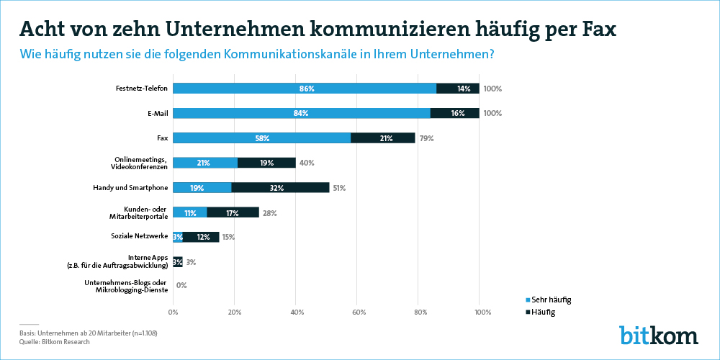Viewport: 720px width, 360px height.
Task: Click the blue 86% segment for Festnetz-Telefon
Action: click(x=305, y=89)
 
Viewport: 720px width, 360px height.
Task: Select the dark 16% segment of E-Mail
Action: click(x=454, y=114)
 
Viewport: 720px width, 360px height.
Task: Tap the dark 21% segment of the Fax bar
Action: click(x=382, y=138)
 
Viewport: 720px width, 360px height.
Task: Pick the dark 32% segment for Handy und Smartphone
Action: click(x=280, y=188)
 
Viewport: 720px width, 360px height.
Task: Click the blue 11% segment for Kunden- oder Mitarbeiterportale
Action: click(x=190, y=212)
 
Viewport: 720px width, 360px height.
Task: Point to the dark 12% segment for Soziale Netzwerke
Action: click(x=201, y=238)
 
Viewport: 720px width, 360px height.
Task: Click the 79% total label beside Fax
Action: click(x=426, y=138)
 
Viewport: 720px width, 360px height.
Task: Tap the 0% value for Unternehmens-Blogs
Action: click(x=181, y=286)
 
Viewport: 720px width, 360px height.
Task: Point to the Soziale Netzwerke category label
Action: click(x=139, y=236)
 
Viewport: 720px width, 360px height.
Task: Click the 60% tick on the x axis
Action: click(x=359, y=312)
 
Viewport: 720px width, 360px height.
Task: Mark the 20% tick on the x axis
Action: click(x=235, y=312)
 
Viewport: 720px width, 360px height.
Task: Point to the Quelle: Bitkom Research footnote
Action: click(x=54, y=342)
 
